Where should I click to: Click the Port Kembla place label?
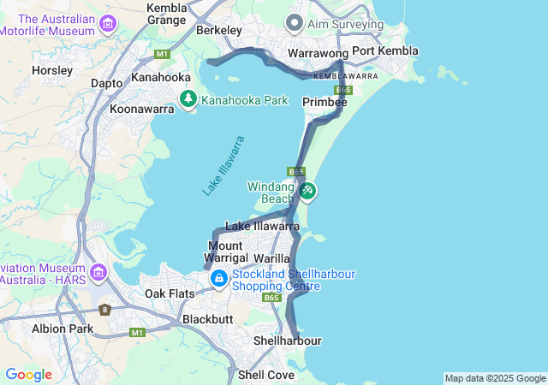384,50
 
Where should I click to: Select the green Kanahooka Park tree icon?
189,101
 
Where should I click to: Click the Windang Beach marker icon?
307,191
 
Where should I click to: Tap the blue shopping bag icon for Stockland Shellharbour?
219,278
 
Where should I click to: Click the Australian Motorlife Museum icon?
107,23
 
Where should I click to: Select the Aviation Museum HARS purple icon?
98,273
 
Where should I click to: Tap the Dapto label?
107,83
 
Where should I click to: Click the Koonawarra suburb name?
142,109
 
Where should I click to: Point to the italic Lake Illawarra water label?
223,166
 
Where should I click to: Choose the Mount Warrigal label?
227,252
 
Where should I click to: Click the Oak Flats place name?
168,293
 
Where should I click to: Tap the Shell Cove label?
265,375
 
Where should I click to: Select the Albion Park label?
62,329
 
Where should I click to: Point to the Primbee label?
325,102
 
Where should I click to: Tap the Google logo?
28,375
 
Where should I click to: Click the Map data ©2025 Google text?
495,378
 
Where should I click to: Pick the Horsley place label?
51,70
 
